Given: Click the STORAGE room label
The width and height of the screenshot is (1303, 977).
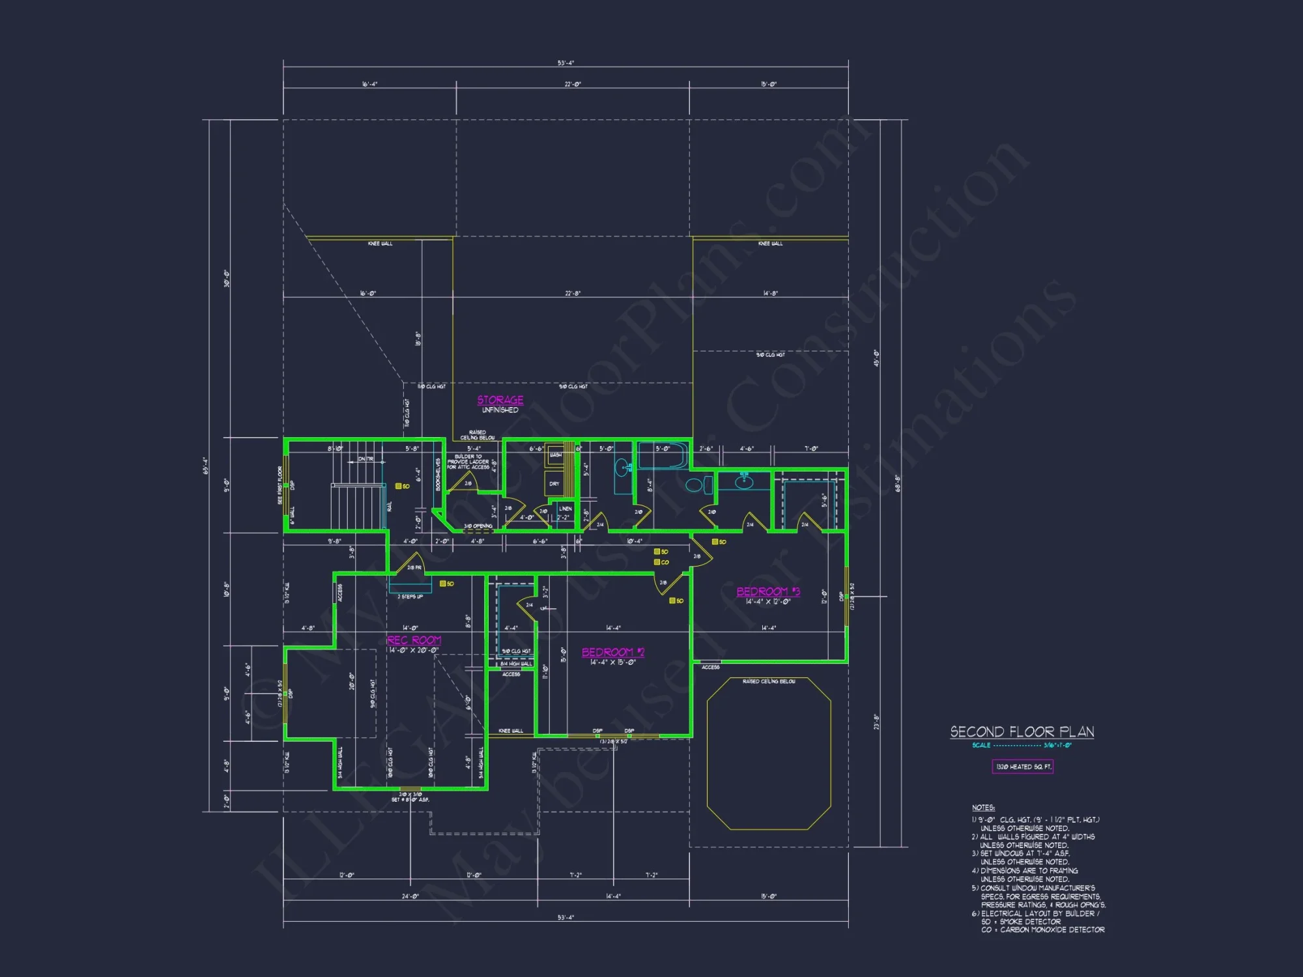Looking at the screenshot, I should coord(500,400).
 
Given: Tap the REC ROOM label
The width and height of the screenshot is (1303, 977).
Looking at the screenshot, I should coord(414,640).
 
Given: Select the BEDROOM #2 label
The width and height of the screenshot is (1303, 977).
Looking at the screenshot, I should coord(612,652).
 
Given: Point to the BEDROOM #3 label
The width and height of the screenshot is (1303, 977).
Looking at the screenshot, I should coord(768,591).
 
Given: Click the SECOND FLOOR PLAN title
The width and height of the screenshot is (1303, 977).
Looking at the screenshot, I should coord(1022,731).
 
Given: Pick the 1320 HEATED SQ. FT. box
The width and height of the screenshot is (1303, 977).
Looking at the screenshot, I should coord(1023,767).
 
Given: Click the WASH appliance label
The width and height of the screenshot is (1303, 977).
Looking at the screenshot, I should coord(555,455).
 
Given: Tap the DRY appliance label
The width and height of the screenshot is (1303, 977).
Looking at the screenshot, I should coord(554,484).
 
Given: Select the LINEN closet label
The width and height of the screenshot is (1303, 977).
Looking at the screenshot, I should coord(565,509).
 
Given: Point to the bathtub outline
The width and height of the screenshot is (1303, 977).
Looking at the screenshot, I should coord(662,456).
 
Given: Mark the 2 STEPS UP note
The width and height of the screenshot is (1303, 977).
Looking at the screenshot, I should coord(410,597).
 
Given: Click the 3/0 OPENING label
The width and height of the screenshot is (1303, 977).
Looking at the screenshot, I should coord(478,526).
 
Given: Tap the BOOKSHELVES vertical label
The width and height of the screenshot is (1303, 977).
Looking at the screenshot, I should coord(438,474).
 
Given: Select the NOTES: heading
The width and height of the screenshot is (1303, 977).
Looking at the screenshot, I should coord(983,808).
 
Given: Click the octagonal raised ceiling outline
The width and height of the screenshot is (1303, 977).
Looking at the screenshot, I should coord(769,754).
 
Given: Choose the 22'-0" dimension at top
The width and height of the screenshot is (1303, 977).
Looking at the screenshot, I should coord(572,85).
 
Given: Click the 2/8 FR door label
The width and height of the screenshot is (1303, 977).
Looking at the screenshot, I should coord(414,568).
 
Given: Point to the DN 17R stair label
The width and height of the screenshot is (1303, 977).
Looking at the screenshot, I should coord(365,459).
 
